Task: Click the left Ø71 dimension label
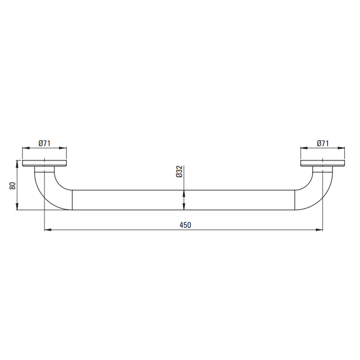pyautogui.click(x=44, y=143)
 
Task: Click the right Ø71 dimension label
pyautogui.click(x=323, y=143)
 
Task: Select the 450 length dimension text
pyautogui.click(x=185, y=225)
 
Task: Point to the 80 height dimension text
pyautogui.click(x=12, y=185)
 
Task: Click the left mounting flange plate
pyautogui.click(x=44, y=163)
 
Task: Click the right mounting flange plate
pyautogui.click(x=323, y=163)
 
